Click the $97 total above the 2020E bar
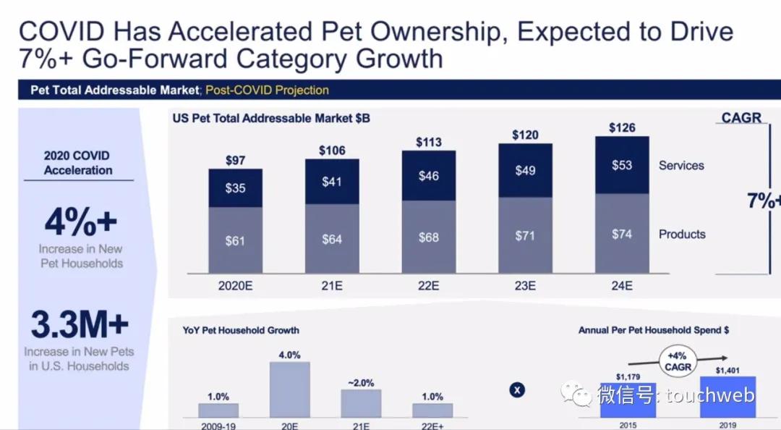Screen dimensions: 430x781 tap(235, 159)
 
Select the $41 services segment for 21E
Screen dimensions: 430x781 tap(332, 182)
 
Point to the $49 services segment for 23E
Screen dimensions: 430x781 tap(525, 170)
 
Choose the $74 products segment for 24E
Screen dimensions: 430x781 tap(622, 234)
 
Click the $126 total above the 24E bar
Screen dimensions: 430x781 tap(622, 127)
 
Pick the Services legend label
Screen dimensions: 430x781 tap(681, 165)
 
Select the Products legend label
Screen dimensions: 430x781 tap(682, 234)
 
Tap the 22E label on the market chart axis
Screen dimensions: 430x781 tap(429, 285)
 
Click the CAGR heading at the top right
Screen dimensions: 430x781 tap(741, 117)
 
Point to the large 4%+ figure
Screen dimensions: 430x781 tap(80, 222)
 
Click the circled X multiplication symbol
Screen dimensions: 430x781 tap(517, 390)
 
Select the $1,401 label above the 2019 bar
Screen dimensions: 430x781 tap(727, 370)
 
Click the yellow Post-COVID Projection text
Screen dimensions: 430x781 tap(267, 90)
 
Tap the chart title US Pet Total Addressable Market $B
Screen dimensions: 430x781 tap(271, 118)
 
